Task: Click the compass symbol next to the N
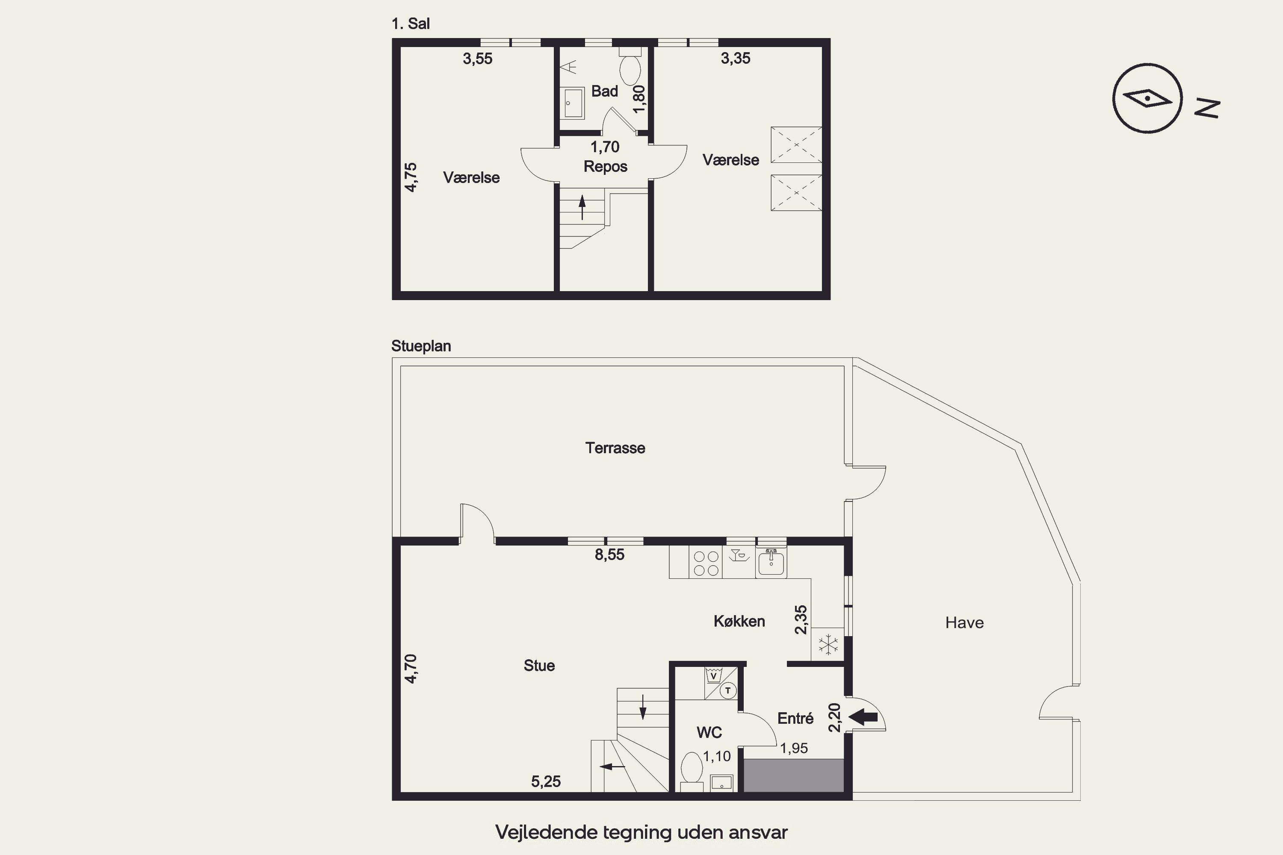(x=1147, y=98)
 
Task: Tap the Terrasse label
(x=615, y=448)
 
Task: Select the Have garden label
(x=964, y=623)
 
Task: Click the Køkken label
(x=739, y=621)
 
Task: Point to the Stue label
(x=539, y=665)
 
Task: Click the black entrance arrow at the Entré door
(x=863, y=717)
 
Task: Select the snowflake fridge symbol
(x=828, y=645)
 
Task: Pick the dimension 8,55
(x=609, y=554)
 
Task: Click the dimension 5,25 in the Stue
(x=546, y=781)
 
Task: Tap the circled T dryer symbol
(x=728, y=691)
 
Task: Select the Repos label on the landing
(x=606, y=166)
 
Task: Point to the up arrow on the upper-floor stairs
(x=582, y=207)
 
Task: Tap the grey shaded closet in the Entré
(x=794, y=775)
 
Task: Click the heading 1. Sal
(x=411, y=24)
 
